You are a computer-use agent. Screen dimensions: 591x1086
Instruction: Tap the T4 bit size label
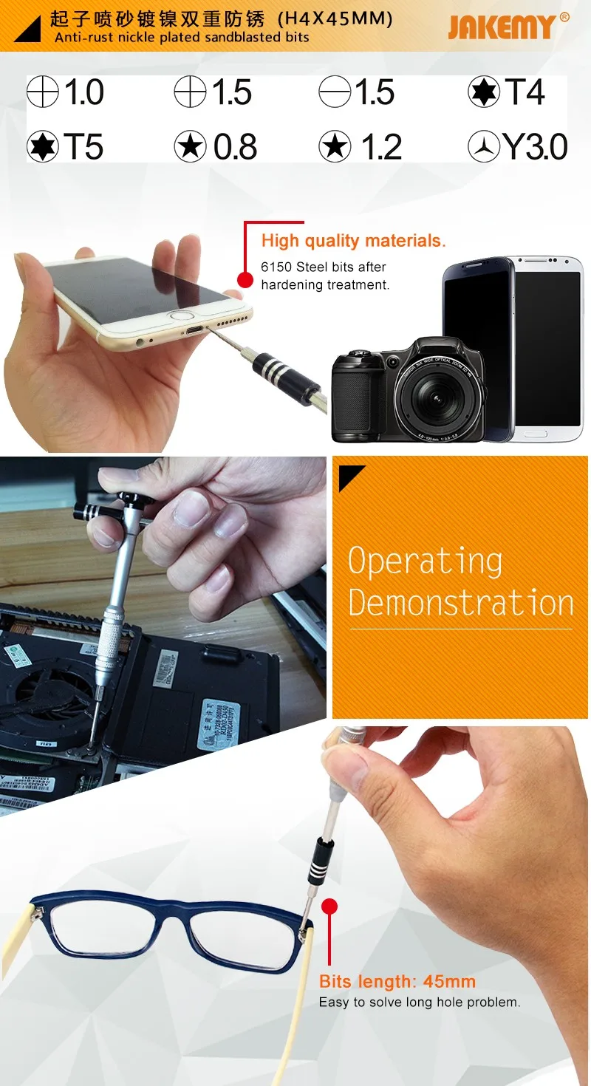click(525, 92)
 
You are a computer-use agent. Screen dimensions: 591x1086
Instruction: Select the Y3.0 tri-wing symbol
click(483, 146)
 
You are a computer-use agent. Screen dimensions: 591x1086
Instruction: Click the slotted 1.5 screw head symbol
click(335, 92)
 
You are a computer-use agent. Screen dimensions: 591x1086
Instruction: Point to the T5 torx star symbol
click(43, 146)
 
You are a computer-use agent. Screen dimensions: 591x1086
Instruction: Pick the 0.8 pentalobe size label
click(235, 146)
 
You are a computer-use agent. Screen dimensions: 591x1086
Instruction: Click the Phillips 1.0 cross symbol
click(43, 92)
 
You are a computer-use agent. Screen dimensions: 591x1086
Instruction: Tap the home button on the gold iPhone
click(177, 319)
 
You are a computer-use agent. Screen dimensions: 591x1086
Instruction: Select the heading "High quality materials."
click(353, 241)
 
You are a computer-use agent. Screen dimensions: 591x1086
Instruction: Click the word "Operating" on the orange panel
click(426, 561)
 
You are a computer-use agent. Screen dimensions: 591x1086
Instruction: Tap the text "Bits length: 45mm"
click(397, 981)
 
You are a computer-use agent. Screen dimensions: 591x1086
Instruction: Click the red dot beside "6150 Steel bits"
click(245, 280)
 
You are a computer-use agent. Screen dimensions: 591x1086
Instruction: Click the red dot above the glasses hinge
click(329, 906)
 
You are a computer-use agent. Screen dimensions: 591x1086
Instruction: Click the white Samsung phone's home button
click(536, 434)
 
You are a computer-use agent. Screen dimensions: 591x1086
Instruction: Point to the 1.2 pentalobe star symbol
click(335, 146)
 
